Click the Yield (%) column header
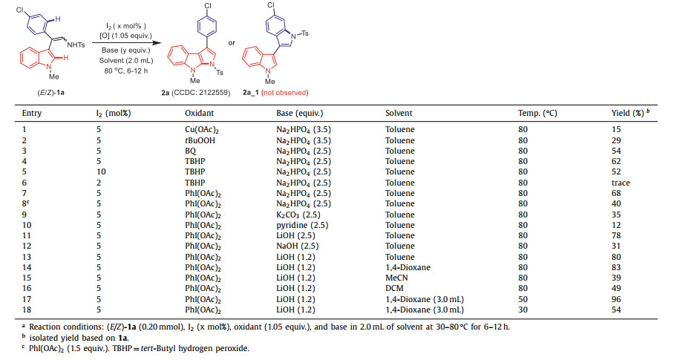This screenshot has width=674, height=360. pos(626,114)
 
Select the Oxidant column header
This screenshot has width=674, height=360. pos(200,114)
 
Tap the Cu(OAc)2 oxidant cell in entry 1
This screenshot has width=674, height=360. pos(201,130)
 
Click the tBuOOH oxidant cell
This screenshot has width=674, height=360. pos(199,140)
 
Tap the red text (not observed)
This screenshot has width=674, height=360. pos(286,93)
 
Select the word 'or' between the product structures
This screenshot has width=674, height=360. pos(232,42)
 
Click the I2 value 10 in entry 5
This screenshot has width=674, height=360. pos(100,172)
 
